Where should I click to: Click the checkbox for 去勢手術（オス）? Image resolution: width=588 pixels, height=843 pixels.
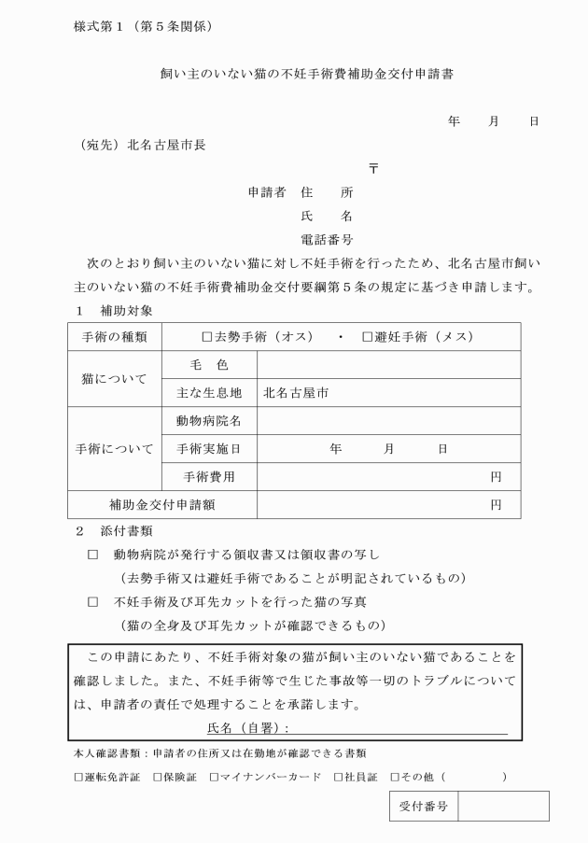pyautogui.click(x=207, y=336)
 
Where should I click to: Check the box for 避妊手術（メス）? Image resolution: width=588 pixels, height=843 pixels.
pyautogui.click(x=367, y=336)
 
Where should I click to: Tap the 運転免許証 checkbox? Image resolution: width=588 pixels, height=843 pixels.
pyautogui.click(x=78, y=776)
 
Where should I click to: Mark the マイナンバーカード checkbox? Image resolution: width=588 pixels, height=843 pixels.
pyautogui.click(x=215, y=776)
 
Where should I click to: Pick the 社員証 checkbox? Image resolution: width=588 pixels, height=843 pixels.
pyautogui.click(x=338, y=776)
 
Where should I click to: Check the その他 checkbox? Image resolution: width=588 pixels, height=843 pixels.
pyautogui.click(x=395, y=776)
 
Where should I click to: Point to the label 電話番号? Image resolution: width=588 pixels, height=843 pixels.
pyautogui.click(x=326, y=240)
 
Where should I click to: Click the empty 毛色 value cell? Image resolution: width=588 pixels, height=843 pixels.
pyautogui.click(x=388, y=365)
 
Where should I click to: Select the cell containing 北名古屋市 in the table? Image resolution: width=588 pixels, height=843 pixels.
pyautogui.click(x=388, y=393)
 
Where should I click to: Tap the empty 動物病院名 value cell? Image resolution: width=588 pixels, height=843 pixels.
pyautogui.click(x=388, y=421)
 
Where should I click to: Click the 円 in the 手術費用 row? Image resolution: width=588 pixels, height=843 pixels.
pyautogui.click(x=496, y=477)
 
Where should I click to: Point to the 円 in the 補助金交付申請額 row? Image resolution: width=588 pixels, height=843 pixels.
pyautogui.click(x=496, y=505)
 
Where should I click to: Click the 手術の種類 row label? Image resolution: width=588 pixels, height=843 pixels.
pyautogui.click(x=115, y=337)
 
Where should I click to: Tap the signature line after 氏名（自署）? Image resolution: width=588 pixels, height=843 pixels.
pyautogui.click(x=401, y=727)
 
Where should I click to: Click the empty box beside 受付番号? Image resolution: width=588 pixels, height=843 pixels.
pyautogui.click(x=502, y=806)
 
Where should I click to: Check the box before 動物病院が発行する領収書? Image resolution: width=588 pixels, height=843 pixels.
pyautogui.click(x=92, y=555)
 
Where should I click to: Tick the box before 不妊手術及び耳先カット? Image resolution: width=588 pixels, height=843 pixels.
pyautogui.click(x=92, y=601)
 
